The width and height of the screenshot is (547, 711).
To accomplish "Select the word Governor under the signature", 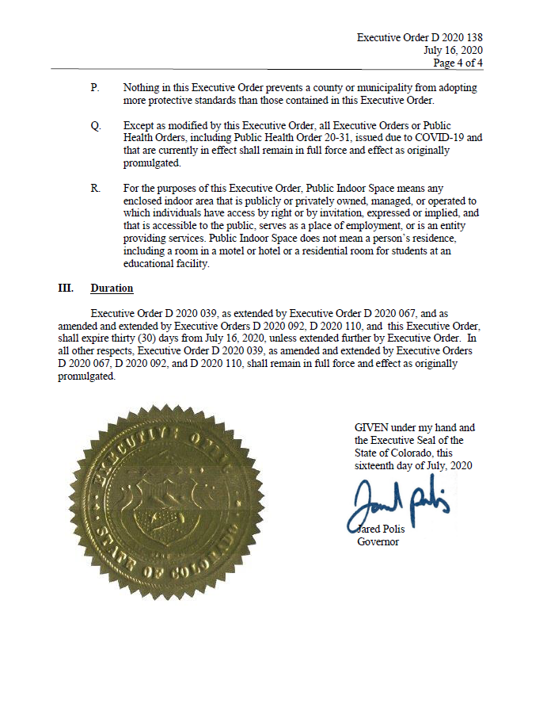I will (x=378, y=542).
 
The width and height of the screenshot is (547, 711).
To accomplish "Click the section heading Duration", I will (x=112, y=288).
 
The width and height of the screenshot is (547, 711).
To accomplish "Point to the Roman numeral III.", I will (x=66, y=288).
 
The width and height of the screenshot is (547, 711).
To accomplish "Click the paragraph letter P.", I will (x=95, y=87).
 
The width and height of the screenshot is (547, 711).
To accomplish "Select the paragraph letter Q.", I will (x=96, y=126).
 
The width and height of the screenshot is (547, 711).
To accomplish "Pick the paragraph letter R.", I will (x=96, y=188).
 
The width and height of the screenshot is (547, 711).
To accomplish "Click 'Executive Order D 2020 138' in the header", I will (x=420, y=37).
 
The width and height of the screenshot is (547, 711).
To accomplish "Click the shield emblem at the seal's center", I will (x=164, y=507).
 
